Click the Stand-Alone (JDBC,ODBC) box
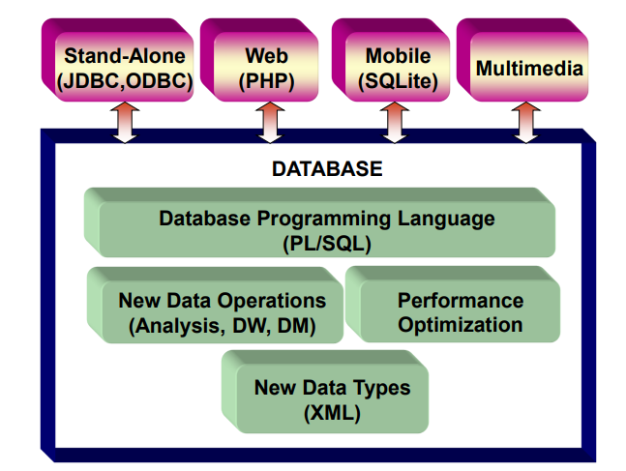(x=118, y=60)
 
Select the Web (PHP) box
(x=259, y=60)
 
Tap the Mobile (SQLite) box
(x=391, y=60)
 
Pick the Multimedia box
(x=522, y=60)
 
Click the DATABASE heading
(x=327, y=169)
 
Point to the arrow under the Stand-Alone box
(x=125, y=123)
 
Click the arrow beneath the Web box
(x=270, y=123)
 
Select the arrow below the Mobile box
(x=395, y=123)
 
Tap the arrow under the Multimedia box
(x=525, y=123)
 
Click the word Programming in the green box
(x=324, y=220)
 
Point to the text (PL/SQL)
(x=327, y=244)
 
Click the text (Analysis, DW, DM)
(x=222, y=326)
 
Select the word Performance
(x=461, y=301)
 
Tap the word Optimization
(x=461, y=325)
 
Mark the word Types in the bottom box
(x=381, y=388)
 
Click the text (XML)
(x=332, y=413)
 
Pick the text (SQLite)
(x=398, y=81)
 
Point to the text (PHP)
(x=266, y=81)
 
